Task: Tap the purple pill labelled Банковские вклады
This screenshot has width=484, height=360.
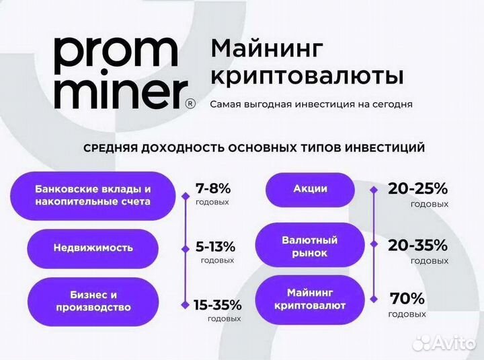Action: [93, 195]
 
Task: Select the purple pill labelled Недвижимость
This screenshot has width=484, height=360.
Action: [93, 248]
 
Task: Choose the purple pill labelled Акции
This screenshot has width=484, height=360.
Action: [310, 190]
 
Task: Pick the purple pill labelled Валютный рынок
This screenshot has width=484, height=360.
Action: [310, 246]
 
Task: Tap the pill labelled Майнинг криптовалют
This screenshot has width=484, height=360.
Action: [310, 299]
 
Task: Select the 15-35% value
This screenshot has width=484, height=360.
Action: [217, 304]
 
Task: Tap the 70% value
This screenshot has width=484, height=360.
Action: [407, 298]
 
